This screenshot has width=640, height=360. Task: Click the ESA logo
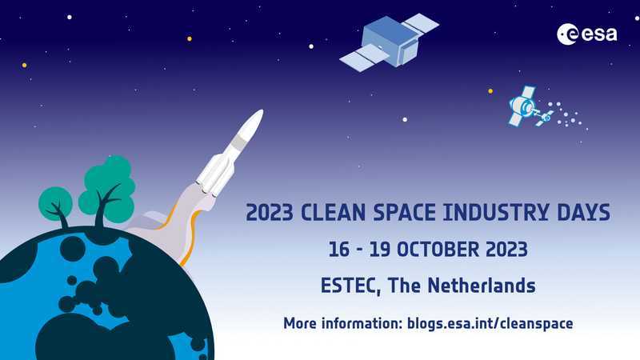click(587, 34)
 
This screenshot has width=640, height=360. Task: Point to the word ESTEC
click(350, 286)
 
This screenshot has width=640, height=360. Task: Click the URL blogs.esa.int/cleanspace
click(490, 323)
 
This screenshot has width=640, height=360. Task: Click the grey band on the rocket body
click(238, 142)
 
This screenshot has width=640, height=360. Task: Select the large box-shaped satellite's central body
click(390, 41)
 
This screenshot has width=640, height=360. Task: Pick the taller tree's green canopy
click(108, 189)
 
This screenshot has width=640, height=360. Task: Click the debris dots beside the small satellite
click(568, 116)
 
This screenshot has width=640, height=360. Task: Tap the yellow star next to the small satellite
click(490, 91)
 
